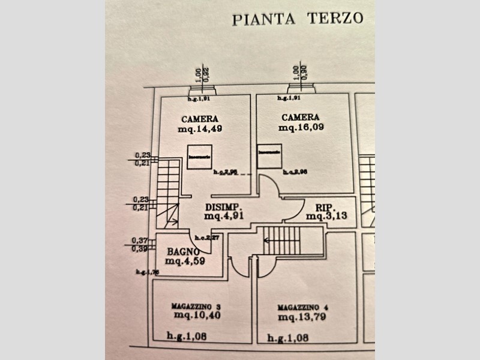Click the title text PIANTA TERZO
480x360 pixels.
click(298, 19)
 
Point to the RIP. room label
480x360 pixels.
click(316, 206)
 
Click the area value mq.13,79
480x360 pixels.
click(302, 317)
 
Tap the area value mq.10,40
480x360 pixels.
click(197, 314)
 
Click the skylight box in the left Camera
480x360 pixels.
click(199, 157)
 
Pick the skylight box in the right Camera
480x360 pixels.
click(269, 156)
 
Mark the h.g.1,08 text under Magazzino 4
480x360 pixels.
click(288, 337)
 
